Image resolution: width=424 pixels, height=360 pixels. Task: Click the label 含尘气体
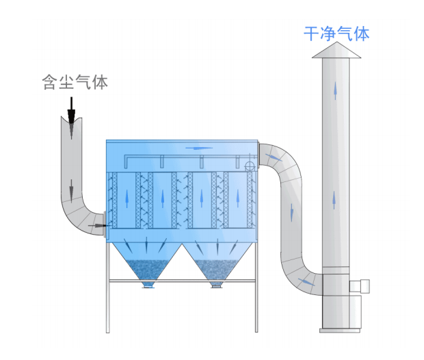click(x=75, y=83)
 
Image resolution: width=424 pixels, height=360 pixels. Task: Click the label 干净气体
click(x=336, y=33)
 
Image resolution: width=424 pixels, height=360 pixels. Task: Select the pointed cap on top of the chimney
click(x=336, y=51)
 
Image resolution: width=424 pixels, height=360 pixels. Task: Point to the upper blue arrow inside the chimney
click(x=335, y=92)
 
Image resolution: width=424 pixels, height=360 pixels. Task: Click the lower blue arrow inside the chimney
click(x=334, y=199)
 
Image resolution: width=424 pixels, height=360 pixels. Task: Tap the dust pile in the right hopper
click(x=217, y=269)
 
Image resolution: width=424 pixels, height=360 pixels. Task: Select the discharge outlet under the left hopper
click(x=148, y=285)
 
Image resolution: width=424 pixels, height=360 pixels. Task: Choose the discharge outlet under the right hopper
click(x=217, y=285)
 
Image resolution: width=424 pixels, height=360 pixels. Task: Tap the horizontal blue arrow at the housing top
click(x=198, y=146)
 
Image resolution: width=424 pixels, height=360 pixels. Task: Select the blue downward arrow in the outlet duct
click(x=292, y=211)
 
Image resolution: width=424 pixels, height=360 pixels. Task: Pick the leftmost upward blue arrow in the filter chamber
click(x=127, y=198)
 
